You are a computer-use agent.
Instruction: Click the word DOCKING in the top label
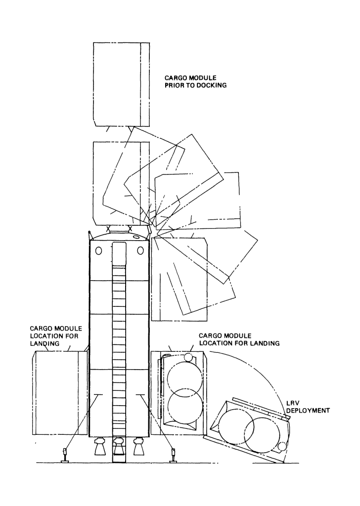coord(211,85)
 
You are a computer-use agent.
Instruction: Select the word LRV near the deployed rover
coord(292,404)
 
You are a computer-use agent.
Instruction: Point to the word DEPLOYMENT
coord(308,411)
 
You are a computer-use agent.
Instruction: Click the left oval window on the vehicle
coord(98,251)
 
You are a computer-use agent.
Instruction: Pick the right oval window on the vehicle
coord(140,251)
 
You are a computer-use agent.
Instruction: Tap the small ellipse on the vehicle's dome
coord(136,237)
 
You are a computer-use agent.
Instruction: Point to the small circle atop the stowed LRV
coord(187,357)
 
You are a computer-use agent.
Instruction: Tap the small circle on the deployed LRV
coord(282,447)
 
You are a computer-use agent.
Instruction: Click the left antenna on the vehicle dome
coord(90,235)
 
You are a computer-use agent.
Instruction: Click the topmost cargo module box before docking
coord(121,84)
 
